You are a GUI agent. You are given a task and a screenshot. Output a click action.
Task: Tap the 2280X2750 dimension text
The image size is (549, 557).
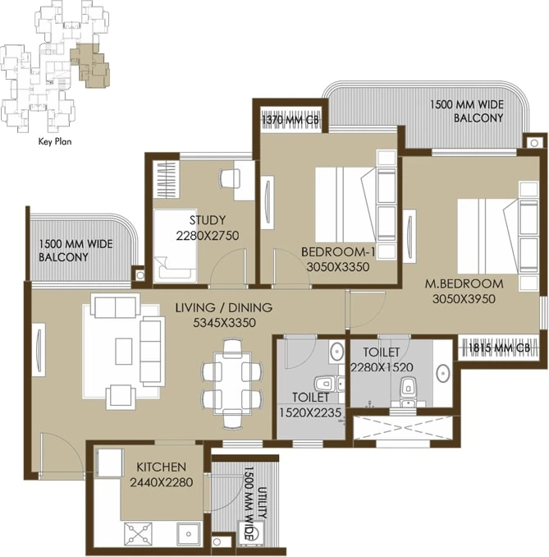[x=208, y=236]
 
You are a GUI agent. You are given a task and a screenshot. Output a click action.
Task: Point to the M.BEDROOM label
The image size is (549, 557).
[x=464, y=284]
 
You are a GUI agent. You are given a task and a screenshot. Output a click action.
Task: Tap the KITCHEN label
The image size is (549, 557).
[x=162, y=467]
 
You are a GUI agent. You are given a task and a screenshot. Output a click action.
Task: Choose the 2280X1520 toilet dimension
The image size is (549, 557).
[x=381, y=367]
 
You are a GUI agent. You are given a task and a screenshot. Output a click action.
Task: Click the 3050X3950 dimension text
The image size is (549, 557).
[x=464, y=299]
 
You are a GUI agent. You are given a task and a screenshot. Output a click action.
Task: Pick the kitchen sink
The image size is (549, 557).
[x=190, y=532]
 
